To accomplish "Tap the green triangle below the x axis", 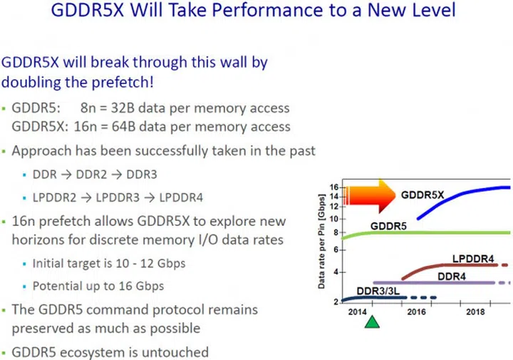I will pos(372,322).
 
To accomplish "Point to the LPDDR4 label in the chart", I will pos(473,258).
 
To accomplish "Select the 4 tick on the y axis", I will pos(336,272).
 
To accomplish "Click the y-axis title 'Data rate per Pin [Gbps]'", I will pos(322,246).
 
